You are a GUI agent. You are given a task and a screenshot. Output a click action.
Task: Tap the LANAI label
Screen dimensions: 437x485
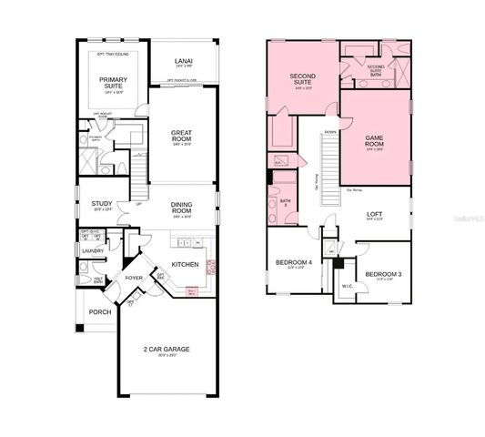(183, 61)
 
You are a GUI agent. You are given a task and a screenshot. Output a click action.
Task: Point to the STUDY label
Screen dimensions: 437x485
(102, 204)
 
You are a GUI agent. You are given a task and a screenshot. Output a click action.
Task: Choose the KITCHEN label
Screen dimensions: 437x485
(186, 264)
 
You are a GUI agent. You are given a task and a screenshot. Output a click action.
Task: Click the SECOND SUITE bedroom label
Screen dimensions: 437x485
(302, 77)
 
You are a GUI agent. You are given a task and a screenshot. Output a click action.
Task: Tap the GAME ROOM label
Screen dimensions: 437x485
(376, 141)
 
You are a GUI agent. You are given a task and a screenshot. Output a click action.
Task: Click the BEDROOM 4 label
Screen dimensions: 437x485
(294, 263)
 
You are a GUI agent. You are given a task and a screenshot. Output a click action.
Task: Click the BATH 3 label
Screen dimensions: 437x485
(285, 202)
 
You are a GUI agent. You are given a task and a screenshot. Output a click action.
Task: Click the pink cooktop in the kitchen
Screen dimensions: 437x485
(213, 266)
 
